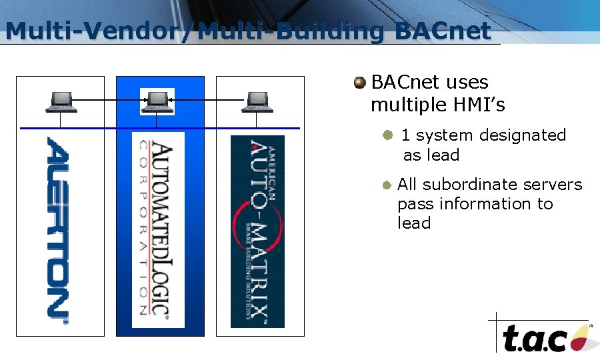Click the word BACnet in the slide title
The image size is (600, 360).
[x=443, y=31]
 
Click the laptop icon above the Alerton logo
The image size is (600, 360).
[x=61, y=101]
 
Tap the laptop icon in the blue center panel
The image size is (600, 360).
[x=157, y=101]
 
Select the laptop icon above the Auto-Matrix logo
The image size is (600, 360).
[x=257, y=101]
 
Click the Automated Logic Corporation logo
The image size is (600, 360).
[x=157, y=230]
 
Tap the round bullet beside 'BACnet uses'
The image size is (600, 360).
[x=360, y=83]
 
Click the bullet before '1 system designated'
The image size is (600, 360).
[x=387, y=135]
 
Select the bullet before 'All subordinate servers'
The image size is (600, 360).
[x=387, y=185]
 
